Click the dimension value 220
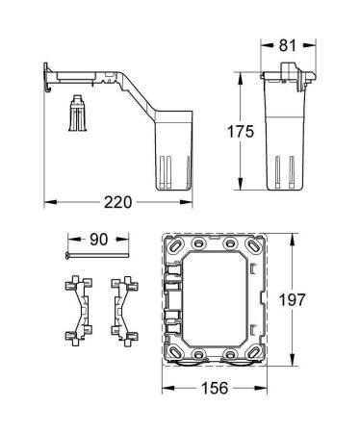pyautogui.click(x=116, y=203)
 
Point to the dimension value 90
pyautogui.click(x=99, y=237)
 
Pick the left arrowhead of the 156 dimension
pyautogui.click(x=165, y=390)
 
